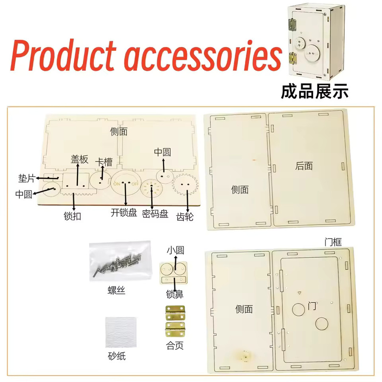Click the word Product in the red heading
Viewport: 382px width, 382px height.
click(x=63, y=55)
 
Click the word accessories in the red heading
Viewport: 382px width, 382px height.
click(x=203, y=56)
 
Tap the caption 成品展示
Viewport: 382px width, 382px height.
click(x=315, y=91)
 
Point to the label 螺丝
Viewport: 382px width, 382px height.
click(x=116, y=290)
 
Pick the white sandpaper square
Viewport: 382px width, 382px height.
click(x=121, y=332)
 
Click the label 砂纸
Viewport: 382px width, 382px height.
click(x=117, y=356)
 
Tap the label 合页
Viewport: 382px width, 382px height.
click(x=174, y=345)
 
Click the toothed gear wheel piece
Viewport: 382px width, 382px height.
click(x=185, y=185)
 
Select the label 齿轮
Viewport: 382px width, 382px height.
click(x=185, y=216)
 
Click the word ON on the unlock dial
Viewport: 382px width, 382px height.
click(x=117, y=184)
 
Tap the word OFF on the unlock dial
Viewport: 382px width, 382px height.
click(x=135, y=184)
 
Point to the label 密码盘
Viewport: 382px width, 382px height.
click(x=155, y=213)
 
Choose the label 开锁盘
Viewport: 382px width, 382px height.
click(x=124, y=213)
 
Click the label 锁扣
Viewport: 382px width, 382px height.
click(x=72, y=216)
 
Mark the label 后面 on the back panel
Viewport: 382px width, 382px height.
click(x=304, y=166)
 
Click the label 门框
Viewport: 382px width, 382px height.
click(x=333, y=242)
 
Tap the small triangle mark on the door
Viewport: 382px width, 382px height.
click(x=299, y=293)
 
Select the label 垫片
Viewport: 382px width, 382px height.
click(x=27, y=178)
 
